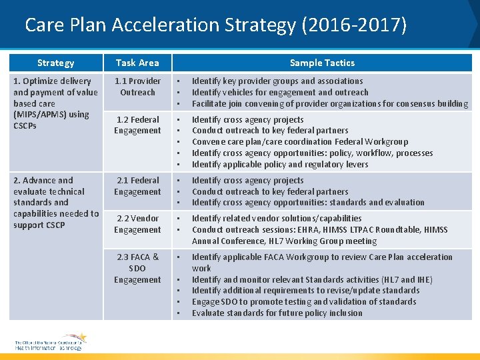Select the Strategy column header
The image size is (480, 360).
pyautogui.click(x=55, y=63)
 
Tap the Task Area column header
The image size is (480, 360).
pyautogui.click(x=137, y=63)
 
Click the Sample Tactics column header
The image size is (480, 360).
pyautogui.click(x=322, y=63)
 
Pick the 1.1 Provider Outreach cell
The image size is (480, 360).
pyautogui.click(x=137, y=87)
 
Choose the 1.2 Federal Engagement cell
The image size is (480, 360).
pyautogui.click(x=137, y=125)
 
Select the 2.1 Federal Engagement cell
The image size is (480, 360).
pyautogui.click(x=137, y=186)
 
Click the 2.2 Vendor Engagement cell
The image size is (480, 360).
pyautogui.click(x=137, y=224)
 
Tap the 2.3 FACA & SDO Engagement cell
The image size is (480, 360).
pyautogui.click(x=137, y=268)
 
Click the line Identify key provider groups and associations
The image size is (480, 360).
pyautogui.click(x=277, y=81)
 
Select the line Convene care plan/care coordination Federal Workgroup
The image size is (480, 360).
pyautogui.click(x=300, y=141)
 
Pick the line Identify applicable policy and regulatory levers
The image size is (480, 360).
pyautogui.click(x=280, y=164)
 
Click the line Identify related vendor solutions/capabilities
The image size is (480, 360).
pyautogui.click(x=277, y=218)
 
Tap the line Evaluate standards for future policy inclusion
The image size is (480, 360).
pyautogui.click(x=277, y=313)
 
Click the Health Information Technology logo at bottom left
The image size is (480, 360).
pyautogui.click(x=50, y=341)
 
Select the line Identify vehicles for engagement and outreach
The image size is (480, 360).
pyautogui.click(x=280, y=93)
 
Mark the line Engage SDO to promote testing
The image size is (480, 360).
pyautogui.click(x=303, y=301)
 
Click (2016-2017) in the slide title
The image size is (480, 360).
pyautogui.click(x=354, y=25)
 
